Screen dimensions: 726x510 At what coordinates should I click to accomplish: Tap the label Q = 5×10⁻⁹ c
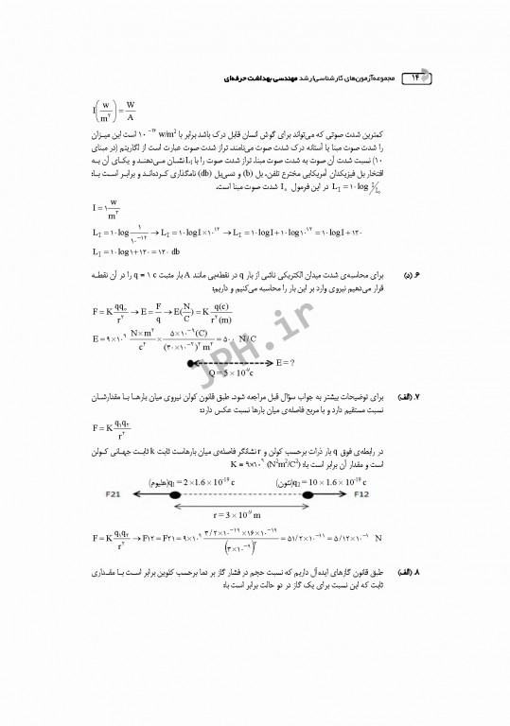coord(220,374)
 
